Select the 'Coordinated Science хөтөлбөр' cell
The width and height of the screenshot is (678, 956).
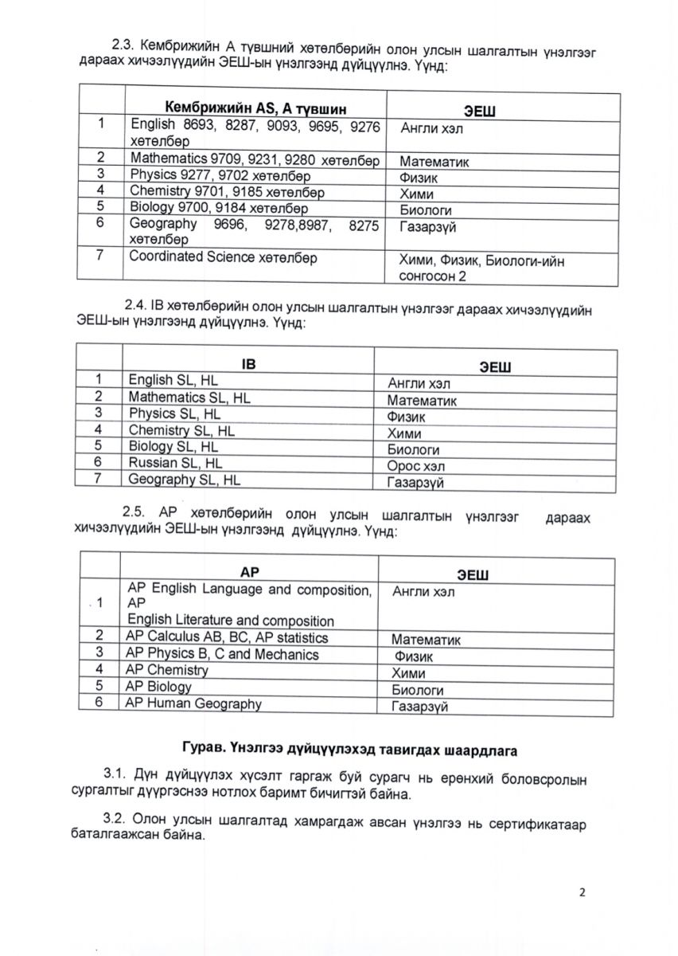pos(223,257)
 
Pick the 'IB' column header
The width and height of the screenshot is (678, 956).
pos(249,363)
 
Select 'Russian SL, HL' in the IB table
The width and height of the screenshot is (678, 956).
pos(176,462)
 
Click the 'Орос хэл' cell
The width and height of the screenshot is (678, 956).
pos(415,466)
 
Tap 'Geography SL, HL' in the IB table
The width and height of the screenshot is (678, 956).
pos(184,480)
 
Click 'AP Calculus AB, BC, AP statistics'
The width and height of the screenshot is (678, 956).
pos(227,637)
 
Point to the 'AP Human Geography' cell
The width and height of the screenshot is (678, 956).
pos(193,703)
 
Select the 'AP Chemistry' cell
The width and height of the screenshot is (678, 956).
pos(166,670)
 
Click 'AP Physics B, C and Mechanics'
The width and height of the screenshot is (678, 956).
pos(222,654)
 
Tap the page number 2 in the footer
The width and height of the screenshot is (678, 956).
pos(582,893)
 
